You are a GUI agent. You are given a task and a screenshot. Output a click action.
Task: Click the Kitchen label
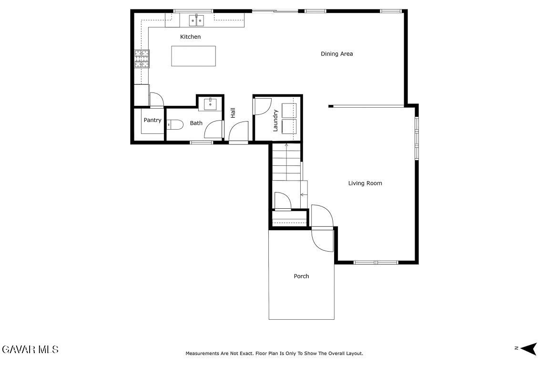coord(190,37)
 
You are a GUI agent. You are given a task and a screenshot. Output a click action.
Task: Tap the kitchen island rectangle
coord(193,56)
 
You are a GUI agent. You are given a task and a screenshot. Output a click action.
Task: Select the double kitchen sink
coord(196,20)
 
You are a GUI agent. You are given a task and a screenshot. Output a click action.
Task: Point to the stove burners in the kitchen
coord(142,59)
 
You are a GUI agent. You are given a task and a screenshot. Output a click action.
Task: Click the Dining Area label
coord(337,53)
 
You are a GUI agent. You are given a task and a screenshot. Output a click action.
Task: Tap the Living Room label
coord(365,183)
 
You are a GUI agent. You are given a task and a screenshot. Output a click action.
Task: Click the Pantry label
coord(152,120)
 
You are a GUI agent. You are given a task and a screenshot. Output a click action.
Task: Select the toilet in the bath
coord(175,124)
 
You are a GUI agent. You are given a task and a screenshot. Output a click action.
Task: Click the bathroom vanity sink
coord(210,104)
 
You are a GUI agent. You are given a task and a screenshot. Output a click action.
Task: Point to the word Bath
coord(196,123)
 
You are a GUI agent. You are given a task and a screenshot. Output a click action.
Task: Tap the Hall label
coord(233,112)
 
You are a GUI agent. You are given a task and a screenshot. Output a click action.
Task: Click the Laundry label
coord(275,121)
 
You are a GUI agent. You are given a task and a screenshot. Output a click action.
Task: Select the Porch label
coord(301,276)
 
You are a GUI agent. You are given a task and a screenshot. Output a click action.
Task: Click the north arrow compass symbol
coord(529,348)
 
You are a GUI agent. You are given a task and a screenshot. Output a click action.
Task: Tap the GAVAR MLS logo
coord(30,349)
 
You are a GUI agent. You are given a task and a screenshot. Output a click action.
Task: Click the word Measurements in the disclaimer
coord(202,354)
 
